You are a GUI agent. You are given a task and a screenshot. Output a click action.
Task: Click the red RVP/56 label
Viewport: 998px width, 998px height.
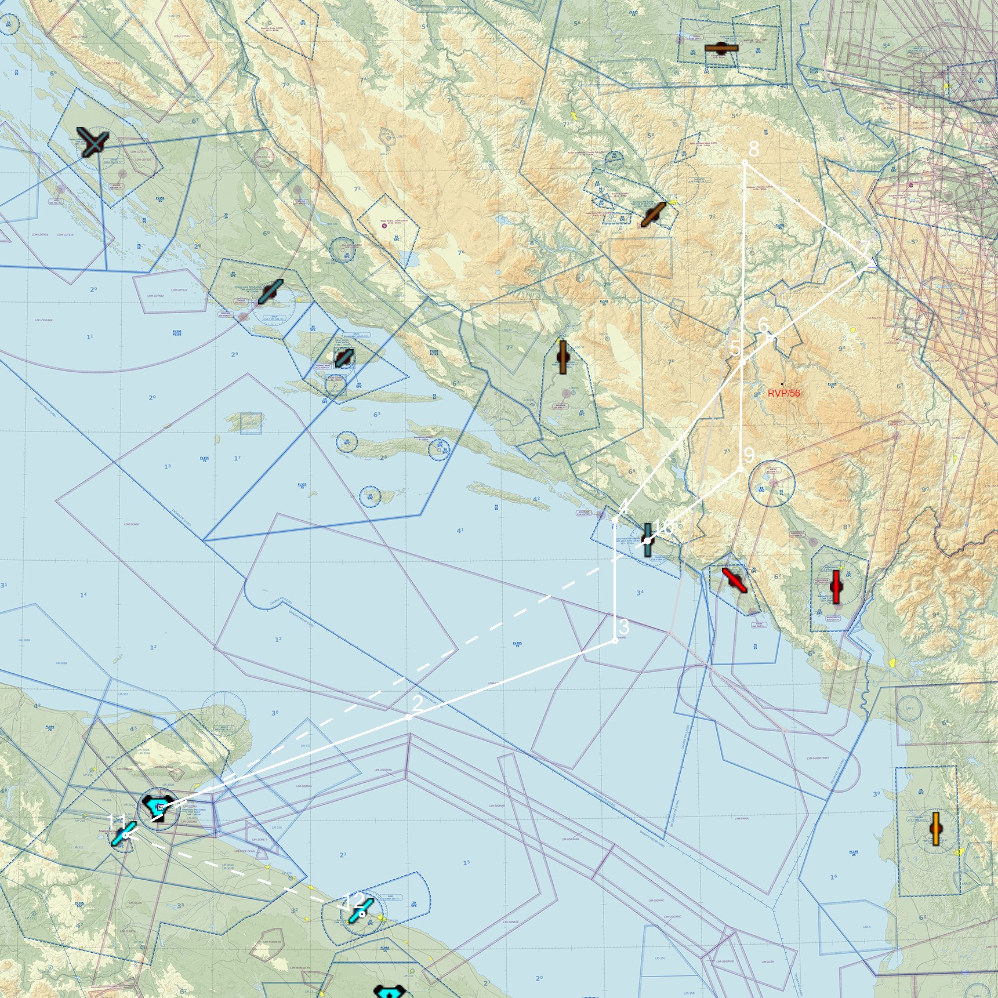(783, 393)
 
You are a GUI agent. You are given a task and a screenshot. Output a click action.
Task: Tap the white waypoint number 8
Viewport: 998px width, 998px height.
(753, 149)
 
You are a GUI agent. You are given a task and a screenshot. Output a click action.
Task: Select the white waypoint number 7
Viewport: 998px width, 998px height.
(865, 249)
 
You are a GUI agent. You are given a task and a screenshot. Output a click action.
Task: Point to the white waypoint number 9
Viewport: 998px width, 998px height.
(749, 455)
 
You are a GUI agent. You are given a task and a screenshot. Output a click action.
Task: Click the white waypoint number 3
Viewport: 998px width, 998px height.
(623, 627)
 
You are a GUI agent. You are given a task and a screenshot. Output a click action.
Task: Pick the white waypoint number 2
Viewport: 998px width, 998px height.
(417, 703)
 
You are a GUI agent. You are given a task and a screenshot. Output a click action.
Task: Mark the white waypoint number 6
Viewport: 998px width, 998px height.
(763, 325)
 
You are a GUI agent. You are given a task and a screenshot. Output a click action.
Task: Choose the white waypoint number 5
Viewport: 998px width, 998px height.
(735, 349)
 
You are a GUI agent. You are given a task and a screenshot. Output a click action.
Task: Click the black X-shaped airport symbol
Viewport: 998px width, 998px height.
(93, 142)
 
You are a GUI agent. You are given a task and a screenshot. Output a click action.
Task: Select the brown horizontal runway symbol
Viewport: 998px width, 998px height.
(721, 48)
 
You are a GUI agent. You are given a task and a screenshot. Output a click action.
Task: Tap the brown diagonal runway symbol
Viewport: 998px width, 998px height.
(653, 215)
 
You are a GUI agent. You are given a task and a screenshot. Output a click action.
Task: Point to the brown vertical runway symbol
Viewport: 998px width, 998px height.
(561, 357)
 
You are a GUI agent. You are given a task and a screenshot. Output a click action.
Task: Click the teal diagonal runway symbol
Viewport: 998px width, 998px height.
(270, 292)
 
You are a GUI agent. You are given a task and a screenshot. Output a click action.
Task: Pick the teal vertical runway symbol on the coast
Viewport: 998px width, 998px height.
(647, 540)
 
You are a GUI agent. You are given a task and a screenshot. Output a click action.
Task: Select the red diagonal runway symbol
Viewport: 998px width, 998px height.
(734, 580)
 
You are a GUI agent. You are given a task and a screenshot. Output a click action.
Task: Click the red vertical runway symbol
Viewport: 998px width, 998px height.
(835, 587)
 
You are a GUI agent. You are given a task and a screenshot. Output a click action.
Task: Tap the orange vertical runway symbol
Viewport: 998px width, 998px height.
(935, 829)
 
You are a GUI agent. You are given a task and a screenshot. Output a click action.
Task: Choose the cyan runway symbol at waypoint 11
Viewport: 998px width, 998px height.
(124, 834)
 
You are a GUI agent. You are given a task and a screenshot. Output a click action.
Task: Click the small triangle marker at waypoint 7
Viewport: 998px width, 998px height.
(871, 264)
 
